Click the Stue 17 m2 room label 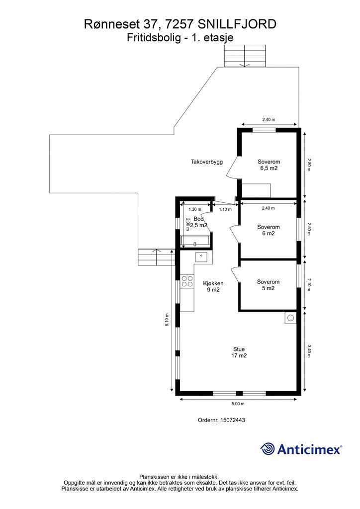click(x=239, y=352)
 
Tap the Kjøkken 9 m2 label click(x=213, y=286)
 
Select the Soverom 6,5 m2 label click(x=269, y=165)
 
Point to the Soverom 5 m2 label click(x=268, y=285)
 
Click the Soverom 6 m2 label click(x=269, y=230)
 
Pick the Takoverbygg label click(x=207, y=162)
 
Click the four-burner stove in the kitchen click(x=187, y=281)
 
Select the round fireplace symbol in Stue click(x=290, y=318)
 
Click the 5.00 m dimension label click(x=238, y=404)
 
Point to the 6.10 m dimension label click(x=167, y=320)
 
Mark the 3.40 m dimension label click(x=309, y=351)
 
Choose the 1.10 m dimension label click(x=225, y=209)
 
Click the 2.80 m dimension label click(x=309, y=165)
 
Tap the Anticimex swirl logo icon click(x=267, y=449)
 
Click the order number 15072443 click(x=232, y=420)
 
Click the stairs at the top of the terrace click(x=245, y=56)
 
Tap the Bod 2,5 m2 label click(x=198, y=222)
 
